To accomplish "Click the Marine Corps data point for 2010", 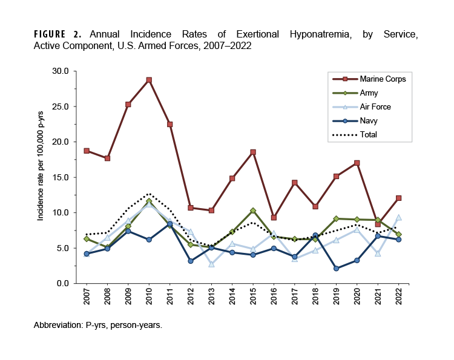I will (x=149, y=80).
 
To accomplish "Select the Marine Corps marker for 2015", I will (x=252, y=152).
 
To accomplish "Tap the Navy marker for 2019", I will (x=336, y=269).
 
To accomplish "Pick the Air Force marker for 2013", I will (x=211, y=264).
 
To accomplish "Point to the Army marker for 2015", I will (x=252, y=211).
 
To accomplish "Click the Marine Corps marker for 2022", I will (x=398, y=198).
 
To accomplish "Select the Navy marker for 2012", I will (x=191, y=261).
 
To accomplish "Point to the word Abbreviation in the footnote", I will (x=59, y=325).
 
